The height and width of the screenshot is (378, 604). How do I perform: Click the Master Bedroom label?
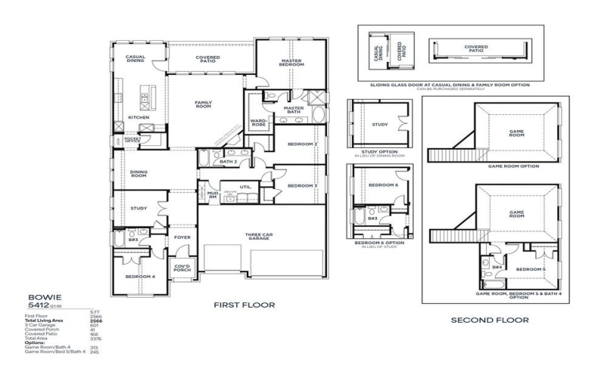[x=292, y=63]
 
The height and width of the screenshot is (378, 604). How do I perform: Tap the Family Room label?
[x=204, y=104]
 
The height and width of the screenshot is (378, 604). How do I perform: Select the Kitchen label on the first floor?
[x=138, y=118]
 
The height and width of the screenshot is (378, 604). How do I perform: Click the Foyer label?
[x=182, y=237]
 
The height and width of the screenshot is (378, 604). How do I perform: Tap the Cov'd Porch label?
[x=182, y=268]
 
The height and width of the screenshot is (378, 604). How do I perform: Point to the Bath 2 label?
[x=229, y=161]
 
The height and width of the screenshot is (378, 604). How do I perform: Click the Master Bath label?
[x=293, y=110]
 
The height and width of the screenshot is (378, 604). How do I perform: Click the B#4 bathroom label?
[x=497, y=267]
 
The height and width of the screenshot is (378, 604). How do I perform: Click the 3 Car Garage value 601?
[x=94, y=326]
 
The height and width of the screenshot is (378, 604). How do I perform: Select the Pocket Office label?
[x=133, y=140]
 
